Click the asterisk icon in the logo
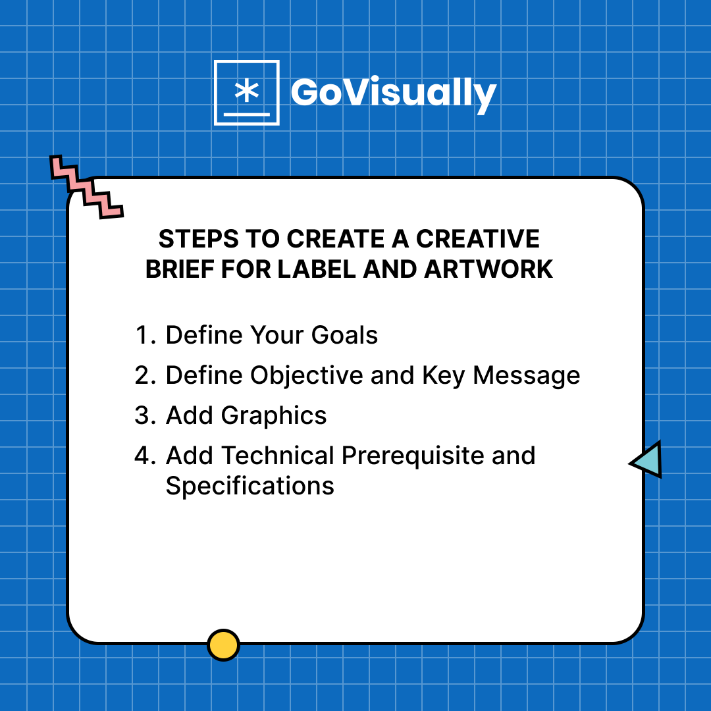246,92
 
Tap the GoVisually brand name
393,93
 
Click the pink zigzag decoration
86,187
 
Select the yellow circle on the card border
223,645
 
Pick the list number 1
144,335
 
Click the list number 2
144,375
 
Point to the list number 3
144,416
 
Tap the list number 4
144,456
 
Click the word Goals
345,335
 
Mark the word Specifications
250,487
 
